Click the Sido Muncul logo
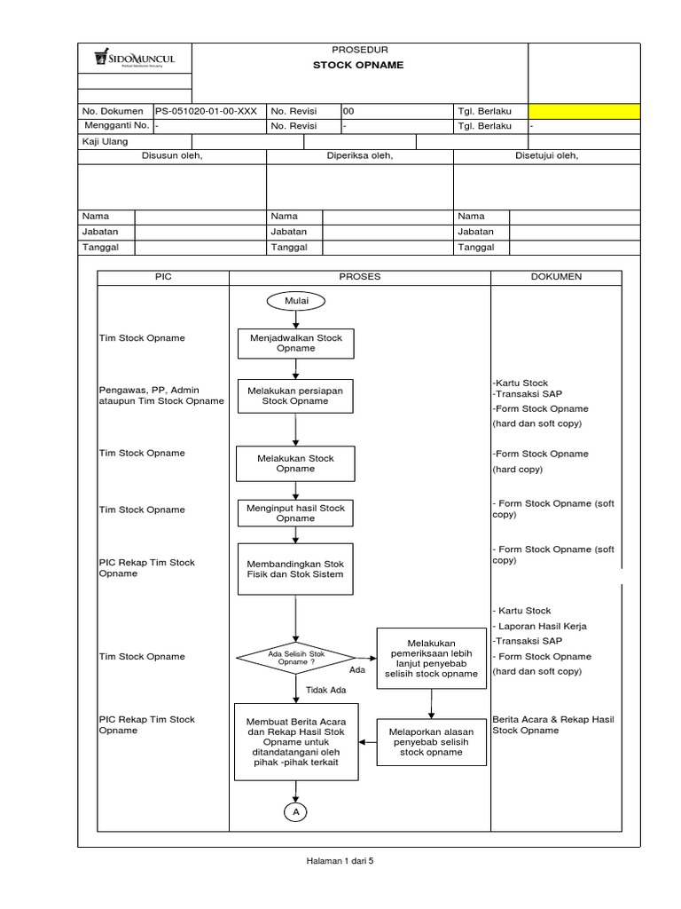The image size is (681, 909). click(135, 59)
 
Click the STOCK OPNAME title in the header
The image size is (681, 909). click(358, 65)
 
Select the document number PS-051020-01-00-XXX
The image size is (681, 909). click(207, 112)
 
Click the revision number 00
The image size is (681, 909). click(348, 112)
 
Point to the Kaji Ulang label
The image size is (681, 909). click(99, 141)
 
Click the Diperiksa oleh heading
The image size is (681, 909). click(359, 156)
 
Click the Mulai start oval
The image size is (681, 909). click(295, 301)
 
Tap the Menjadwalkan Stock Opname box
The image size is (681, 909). click(296, 343)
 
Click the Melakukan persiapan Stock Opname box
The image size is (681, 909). click(295, 395)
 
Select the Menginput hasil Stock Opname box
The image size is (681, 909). click(295, 512)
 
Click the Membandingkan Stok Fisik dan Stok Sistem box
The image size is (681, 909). click(295, 568)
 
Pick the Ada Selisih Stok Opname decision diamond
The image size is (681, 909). click(296, 658)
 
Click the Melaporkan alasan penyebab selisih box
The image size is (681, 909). click(432, 742)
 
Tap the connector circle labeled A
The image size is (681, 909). click(295, 811)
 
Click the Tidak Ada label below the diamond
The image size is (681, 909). click(325, 690)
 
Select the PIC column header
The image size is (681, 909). click(162, 277)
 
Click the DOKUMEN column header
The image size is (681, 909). click(556, 277)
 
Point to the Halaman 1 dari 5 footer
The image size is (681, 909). click(340, 860)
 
